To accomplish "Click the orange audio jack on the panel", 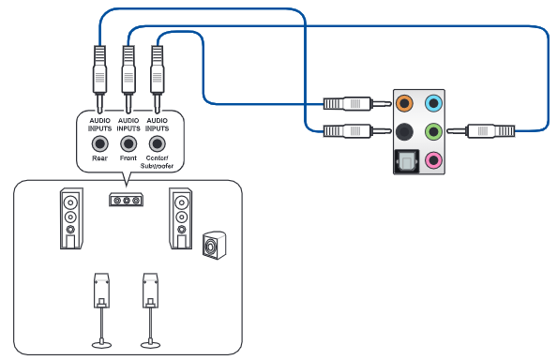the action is point(404,103).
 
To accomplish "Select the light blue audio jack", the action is point(433,103).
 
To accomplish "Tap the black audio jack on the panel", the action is point(404,131).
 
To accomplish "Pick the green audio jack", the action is point(433,131).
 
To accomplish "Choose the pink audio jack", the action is point(433,160).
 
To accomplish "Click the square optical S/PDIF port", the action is point(407,161).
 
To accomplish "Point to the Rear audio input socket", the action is point(99,143).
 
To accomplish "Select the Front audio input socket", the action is point(128,143).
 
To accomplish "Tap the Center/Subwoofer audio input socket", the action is point(157,143).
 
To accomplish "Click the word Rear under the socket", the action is point(99,158).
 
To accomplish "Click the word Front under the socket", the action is point(128,158).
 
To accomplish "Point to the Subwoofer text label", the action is point(157,166).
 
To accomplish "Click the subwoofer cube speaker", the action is point(214,245).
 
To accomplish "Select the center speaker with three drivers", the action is point(126,200).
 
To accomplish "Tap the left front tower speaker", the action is point(71,218).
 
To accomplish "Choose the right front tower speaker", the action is point(181,218).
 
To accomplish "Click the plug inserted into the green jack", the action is point(481,131).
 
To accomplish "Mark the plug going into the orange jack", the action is point(357,104).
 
